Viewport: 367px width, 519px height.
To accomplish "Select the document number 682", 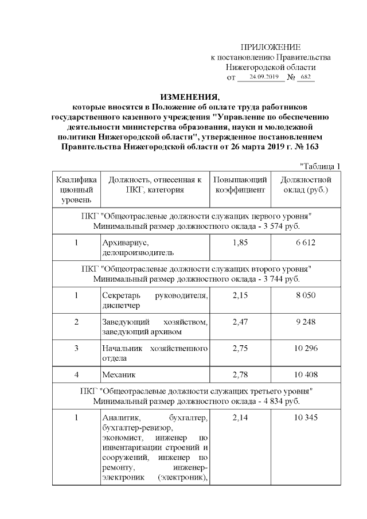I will [306, 77].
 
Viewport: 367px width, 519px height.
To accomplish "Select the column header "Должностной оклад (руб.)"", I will [305, 185].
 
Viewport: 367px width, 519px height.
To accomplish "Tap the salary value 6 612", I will [305, 243].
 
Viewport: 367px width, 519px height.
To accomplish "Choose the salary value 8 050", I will [305, 295].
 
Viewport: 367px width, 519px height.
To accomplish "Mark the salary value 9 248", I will [305, 322].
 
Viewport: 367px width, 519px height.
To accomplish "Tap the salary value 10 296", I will [305, 349].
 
